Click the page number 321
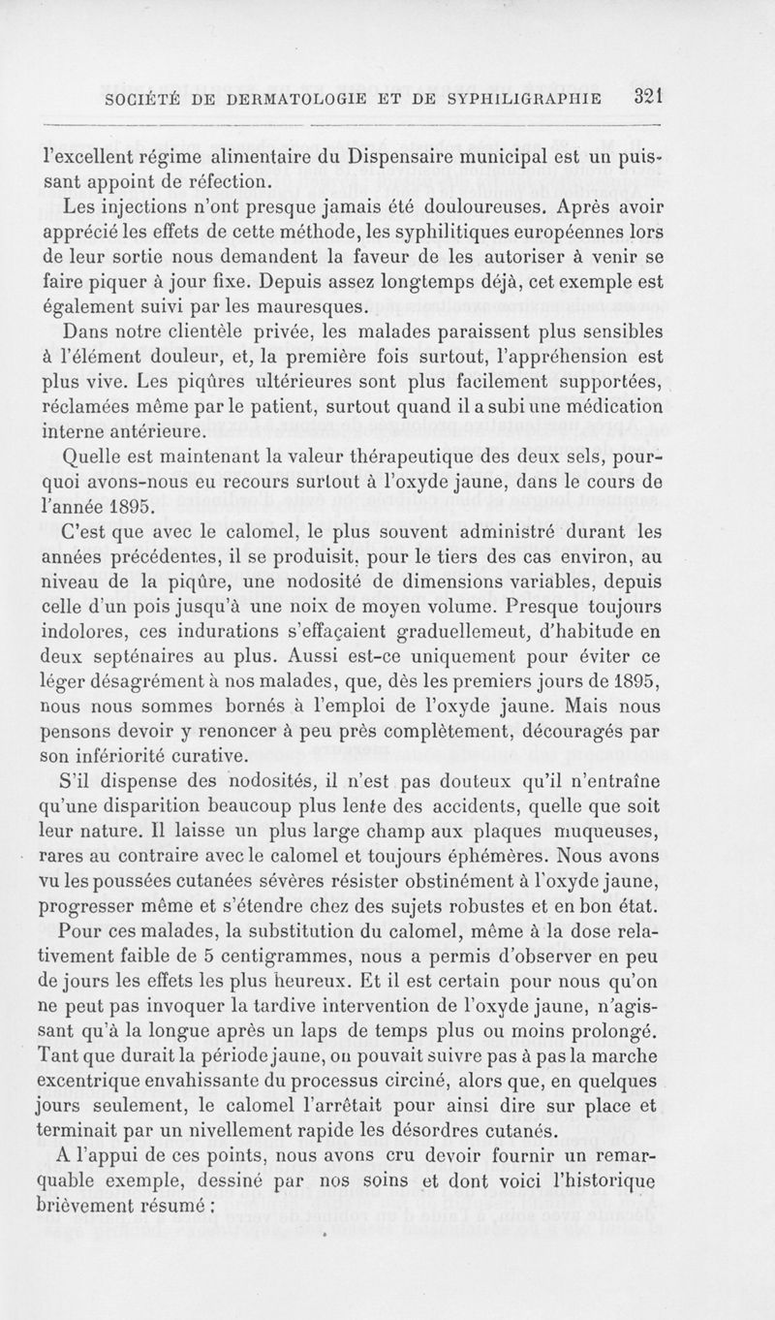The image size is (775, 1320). coord(642,97)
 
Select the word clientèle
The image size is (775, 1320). coord(198,332)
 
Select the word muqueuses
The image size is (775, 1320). coord(602,830)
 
